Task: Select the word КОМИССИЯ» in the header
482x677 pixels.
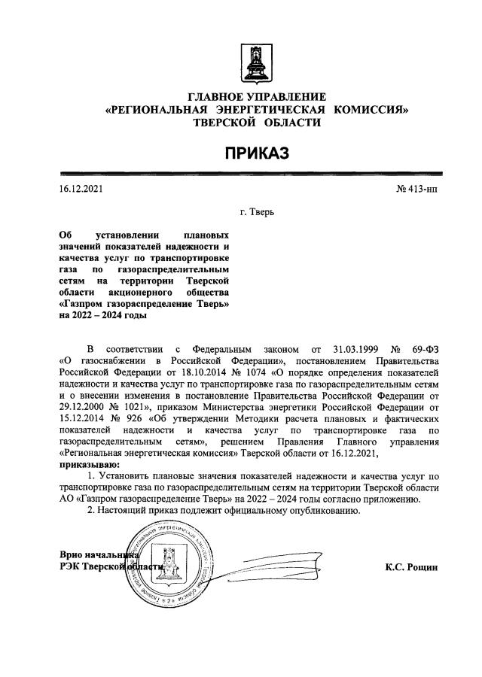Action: click(x=373, y=110)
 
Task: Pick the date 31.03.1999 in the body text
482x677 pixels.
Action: click(x=353, y=349)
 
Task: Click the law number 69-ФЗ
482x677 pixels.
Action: click(x=423, y=349)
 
